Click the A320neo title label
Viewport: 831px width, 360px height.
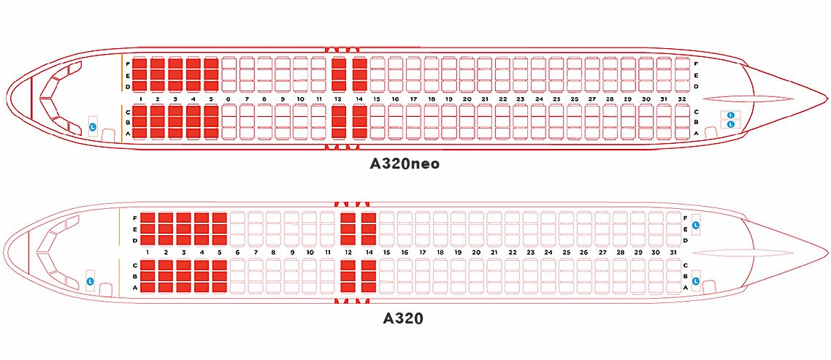point(405,164)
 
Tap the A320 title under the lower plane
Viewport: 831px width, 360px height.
point(403,318)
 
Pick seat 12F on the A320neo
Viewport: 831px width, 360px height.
point(338,64)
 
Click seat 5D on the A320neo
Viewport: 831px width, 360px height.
point(211,85)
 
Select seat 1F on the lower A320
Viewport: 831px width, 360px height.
point(148,218)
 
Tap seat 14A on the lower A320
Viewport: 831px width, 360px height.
point(368,288)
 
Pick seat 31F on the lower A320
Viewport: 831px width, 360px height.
point(673,218)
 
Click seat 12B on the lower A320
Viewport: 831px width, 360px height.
point(348,277)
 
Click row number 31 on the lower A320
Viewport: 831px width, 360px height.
point(673,253)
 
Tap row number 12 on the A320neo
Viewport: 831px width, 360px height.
point(338,99)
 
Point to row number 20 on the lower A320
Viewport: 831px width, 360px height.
point(476,253)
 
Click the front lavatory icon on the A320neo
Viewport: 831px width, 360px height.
point(92,127)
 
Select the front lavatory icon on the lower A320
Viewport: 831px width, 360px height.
point(90,280)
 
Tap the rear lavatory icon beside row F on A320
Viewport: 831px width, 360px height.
point(696,224)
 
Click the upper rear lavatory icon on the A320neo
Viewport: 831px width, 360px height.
point(731,115)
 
